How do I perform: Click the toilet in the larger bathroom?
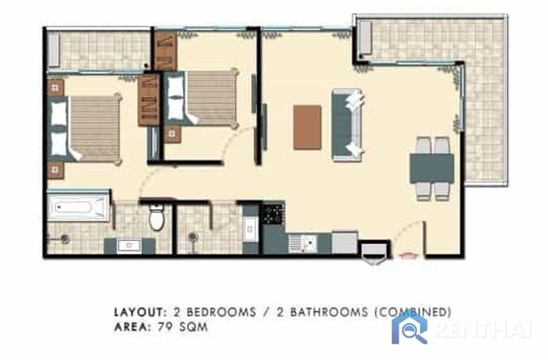(157, 217)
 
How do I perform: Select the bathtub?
(78, 207)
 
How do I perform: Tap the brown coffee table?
(307, 128)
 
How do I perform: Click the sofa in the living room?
(347, 124)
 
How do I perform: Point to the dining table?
(432, 168)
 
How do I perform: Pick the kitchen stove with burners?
(273, 214)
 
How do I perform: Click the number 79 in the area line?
(165, 327)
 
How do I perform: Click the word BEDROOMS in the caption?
(221, 312)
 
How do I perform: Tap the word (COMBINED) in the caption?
(413, 312)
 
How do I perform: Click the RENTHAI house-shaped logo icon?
(409, 328)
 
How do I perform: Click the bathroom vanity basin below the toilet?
(129, 246)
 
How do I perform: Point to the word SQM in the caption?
(193, 327)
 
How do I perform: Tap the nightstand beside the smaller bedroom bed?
(172, 134)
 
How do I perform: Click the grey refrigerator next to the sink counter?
(344, 242)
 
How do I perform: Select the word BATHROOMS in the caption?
(329, 312)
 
